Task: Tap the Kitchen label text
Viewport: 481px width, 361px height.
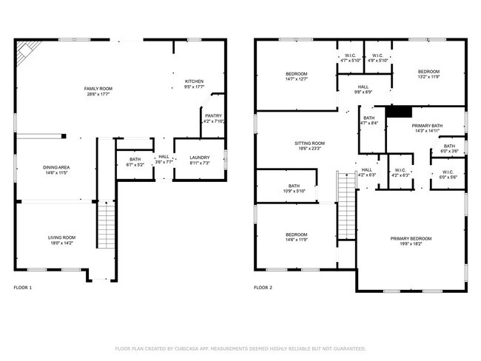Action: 194,81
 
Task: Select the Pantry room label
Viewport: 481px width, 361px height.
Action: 213,116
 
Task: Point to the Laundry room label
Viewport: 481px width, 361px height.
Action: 199,158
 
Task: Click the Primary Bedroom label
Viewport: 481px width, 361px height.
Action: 411,238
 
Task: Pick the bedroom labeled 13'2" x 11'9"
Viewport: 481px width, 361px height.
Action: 428,72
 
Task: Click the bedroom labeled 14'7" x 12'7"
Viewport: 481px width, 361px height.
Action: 297,74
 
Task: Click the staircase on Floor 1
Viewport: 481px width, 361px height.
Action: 107,228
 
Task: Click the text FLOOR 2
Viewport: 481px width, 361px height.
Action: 263,287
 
